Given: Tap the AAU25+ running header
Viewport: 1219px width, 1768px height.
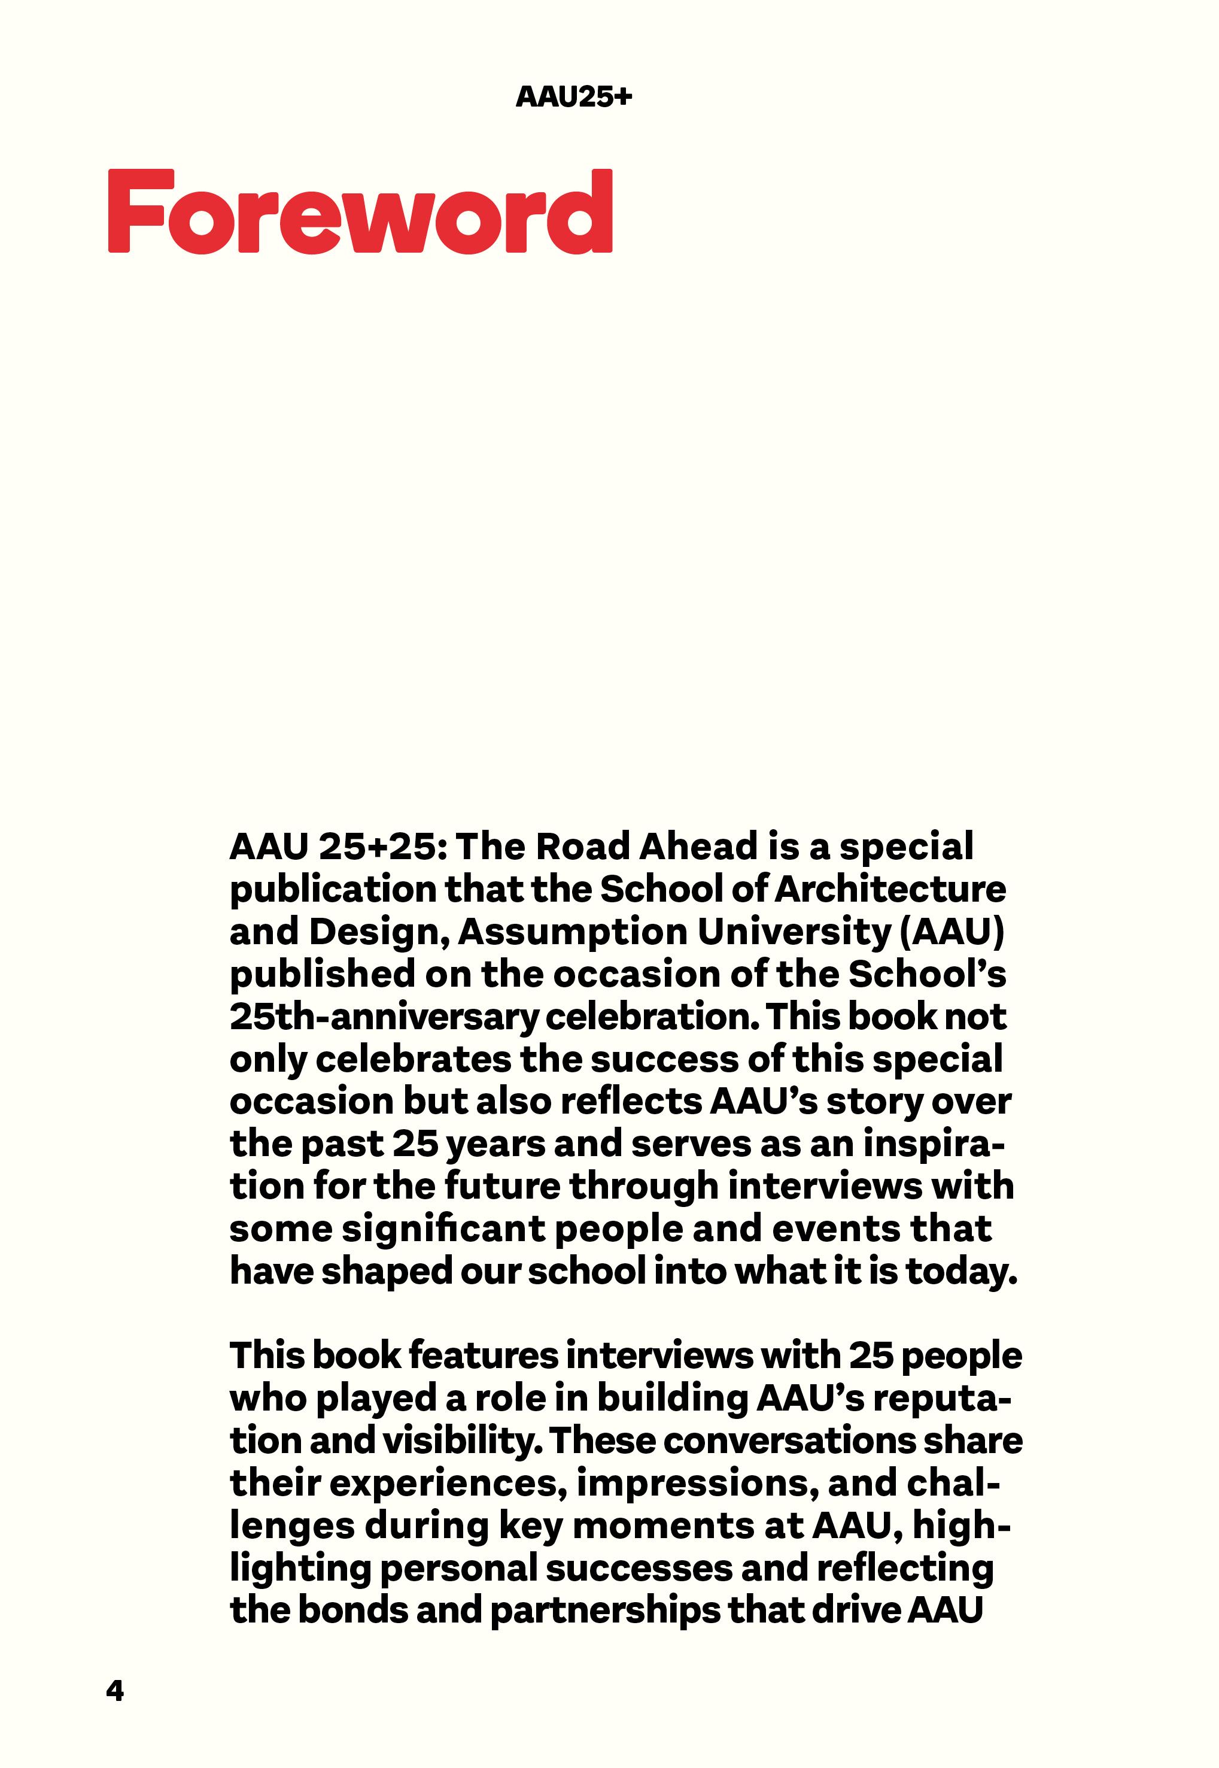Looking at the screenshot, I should point(574,97).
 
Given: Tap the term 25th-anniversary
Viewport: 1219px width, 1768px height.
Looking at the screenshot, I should point(382,1017).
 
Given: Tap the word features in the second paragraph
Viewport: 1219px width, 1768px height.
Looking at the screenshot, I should point(484,1356).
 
